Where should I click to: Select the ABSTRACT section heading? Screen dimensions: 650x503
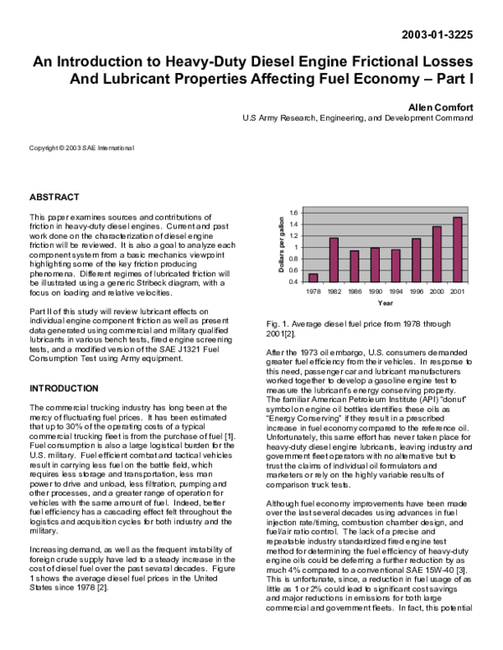point(54,197)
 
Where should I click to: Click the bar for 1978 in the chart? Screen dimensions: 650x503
point(314,277)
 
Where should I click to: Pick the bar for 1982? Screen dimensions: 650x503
point(334,260)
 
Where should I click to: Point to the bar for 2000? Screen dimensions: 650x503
point(437,254)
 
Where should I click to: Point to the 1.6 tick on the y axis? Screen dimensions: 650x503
point(293,213)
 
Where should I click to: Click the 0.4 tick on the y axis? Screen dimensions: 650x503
point(293,281)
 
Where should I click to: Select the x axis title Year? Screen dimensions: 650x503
point(385,302)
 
